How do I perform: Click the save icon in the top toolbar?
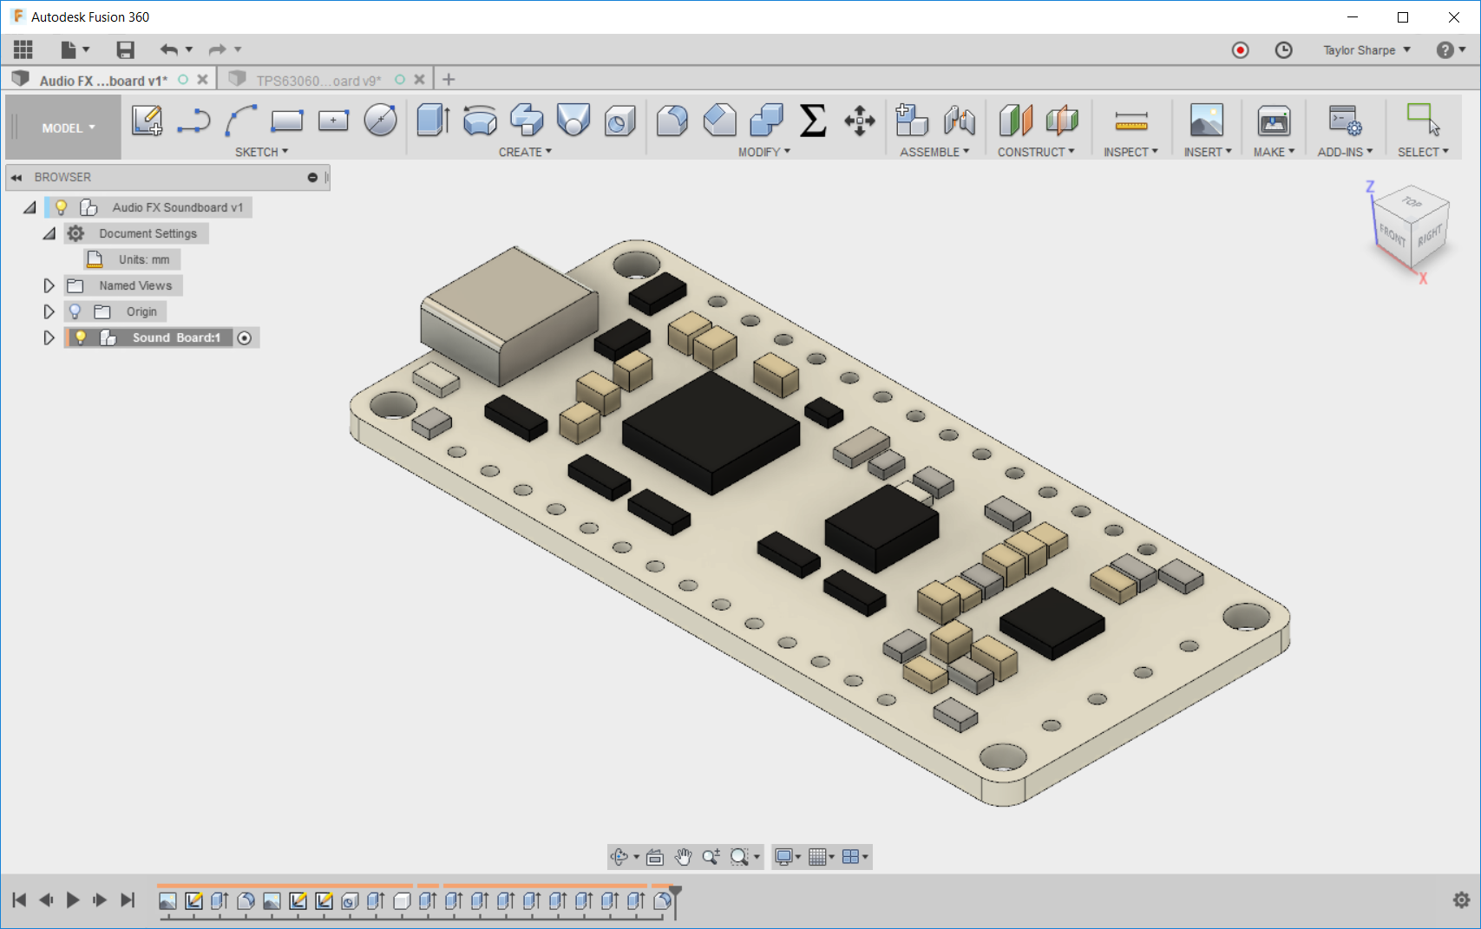tap(126, 50)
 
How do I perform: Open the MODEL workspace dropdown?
tap(68, 128)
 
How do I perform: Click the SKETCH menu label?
tap(261, 152)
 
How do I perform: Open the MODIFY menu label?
tap(763, 152)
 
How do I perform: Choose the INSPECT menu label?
tap(1130, 152)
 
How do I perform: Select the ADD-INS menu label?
tap(1344, 152)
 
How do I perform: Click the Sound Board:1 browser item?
tap(176, 337)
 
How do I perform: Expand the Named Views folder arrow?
tap(49, 285)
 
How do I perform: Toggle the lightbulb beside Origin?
tap(75, 311)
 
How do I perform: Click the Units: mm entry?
tap(144, 259)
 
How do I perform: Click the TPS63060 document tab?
tap(318, 81)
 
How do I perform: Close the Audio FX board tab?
tap(202, 80)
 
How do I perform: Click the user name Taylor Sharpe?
tap(1359, 50)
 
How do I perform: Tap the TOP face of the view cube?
tap(1412, 202)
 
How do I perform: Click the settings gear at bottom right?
tap(1461, 900)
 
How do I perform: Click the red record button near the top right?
tap(1241, 50)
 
